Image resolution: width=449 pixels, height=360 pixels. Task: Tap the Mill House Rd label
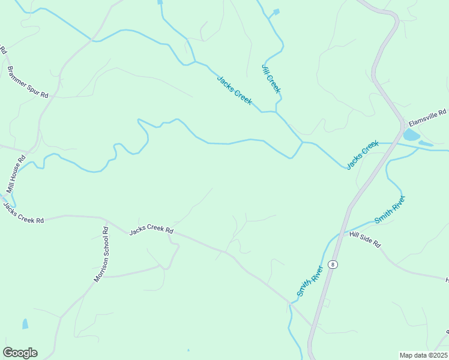[16, 174]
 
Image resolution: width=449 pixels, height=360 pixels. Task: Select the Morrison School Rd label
[101, 254]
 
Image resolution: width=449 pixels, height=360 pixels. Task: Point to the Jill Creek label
[271, 78]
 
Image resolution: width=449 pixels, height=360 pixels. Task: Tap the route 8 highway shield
[333, 265]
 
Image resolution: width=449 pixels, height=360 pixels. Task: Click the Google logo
[20, 353]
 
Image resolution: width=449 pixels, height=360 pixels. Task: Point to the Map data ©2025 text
[423, 355]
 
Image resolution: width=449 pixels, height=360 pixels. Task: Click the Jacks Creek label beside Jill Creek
[234, 90]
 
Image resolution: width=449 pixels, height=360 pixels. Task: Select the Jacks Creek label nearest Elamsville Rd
[363, 154]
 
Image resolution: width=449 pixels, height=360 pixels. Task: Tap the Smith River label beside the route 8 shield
[310, 281]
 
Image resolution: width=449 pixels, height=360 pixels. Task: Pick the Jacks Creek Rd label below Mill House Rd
[23, 213]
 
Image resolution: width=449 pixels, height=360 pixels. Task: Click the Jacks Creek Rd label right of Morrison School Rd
[151, 230]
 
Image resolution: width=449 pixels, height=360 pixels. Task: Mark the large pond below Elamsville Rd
[411, 135]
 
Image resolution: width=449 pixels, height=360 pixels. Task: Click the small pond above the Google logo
[25, 324]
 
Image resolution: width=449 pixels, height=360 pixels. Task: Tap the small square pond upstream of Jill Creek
[276, 11]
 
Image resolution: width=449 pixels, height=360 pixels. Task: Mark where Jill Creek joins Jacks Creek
[276, 112]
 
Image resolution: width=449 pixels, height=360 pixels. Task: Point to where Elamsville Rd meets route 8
[403, 127]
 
